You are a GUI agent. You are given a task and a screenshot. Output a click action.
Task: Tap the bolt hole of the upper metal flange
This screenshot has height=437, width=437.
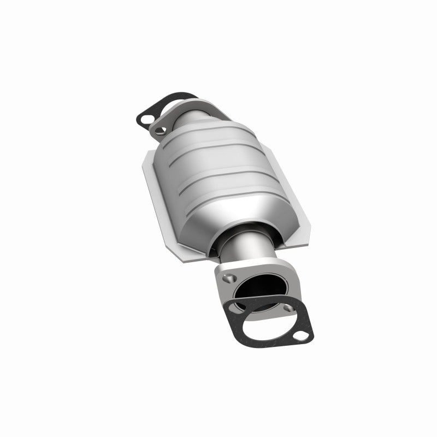tap(160, 129)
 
